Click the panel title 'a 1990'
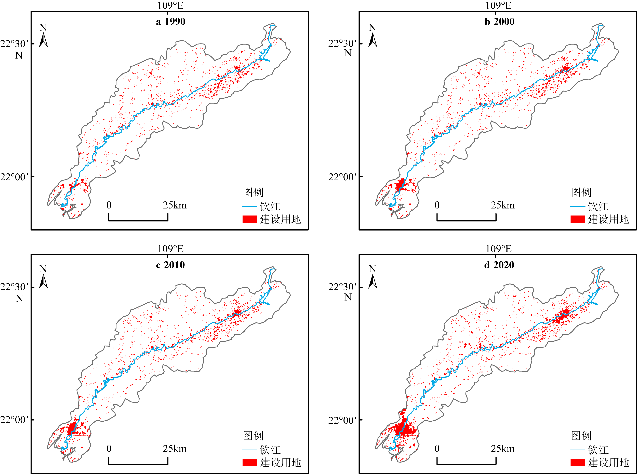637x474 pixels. pos(171,22)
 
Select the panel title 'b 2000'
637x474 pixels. pos(499,22)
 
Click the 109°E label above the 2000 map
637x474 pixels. pos(498,5)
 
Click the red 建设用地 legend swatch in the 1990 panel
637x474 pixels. pos(249,219)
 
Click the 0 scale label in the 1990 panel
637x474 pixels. pos(109,205)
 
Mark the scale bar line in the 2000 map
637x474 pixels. pos(466,220)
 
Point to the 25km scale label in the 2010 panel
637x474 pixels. pos(175,449)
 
